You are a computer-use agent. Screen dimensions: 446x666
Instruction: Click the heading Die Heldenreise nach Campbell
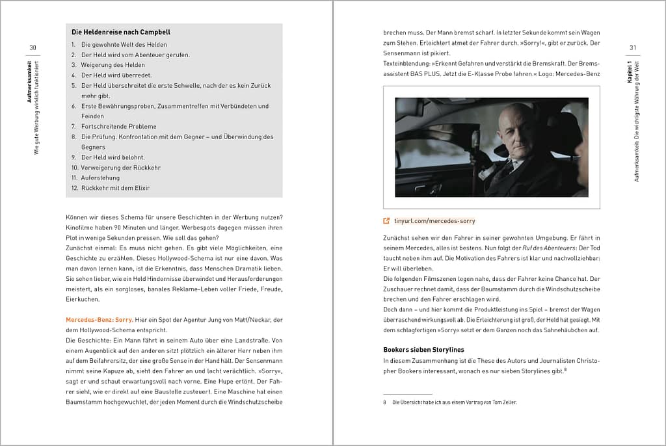(121, 32)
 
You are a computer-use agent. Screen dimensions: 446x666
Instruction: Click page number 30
(33, 47)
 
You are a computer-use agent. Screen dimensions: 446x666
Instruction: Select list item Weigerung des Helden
(113, 65)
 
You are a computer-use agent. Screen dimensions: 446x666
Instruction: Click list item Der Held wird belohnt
(113, 157)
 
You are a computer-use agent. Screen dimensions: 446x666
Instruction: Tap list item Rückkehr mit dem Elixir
(115, 188)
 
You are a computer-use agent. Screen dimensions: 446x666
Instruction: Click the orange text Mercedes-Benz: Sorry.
(99, 320)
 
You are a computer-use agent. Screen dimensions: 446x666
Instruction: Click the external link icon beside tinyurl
(387, 221)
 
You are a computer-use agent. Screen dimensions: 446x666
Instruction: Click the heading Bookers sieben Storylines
(423, 350)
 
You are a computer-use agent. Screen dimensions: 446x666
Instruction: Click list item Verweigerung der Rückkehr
(120, 168)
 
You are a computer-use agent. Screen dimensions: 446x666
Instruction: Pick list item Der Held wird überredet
(113, 75)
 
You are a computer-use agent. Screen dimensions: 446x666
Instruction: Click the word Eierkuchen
(83, 299)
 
